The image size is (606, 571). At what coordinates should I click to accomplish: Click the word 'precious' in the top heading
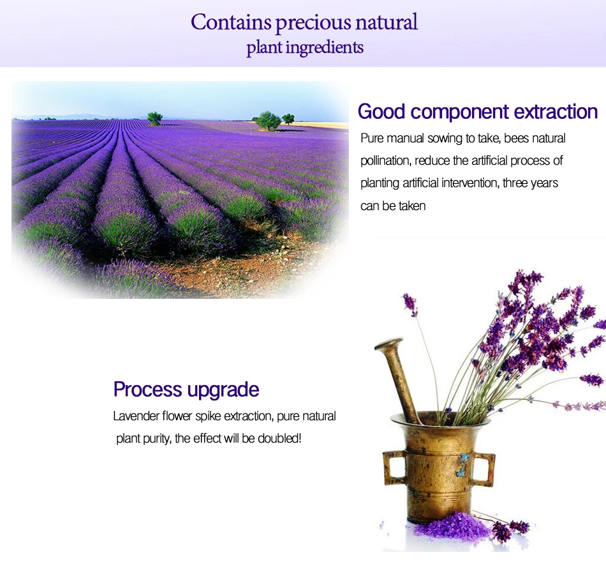[313, 22]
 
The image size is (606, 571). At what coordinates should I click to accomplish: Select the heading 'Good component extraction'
[478, 112]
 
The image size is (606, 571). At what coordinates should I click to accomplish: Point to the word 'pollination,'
[386, 160]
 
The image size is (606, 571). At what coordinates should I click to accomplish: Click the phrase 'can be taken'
[393, 206]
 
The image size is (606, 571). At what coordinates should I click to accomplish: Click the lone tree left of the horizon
[154, 118]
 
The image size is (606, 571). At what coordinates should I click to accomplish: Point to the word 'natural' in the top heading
[387, 22]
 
